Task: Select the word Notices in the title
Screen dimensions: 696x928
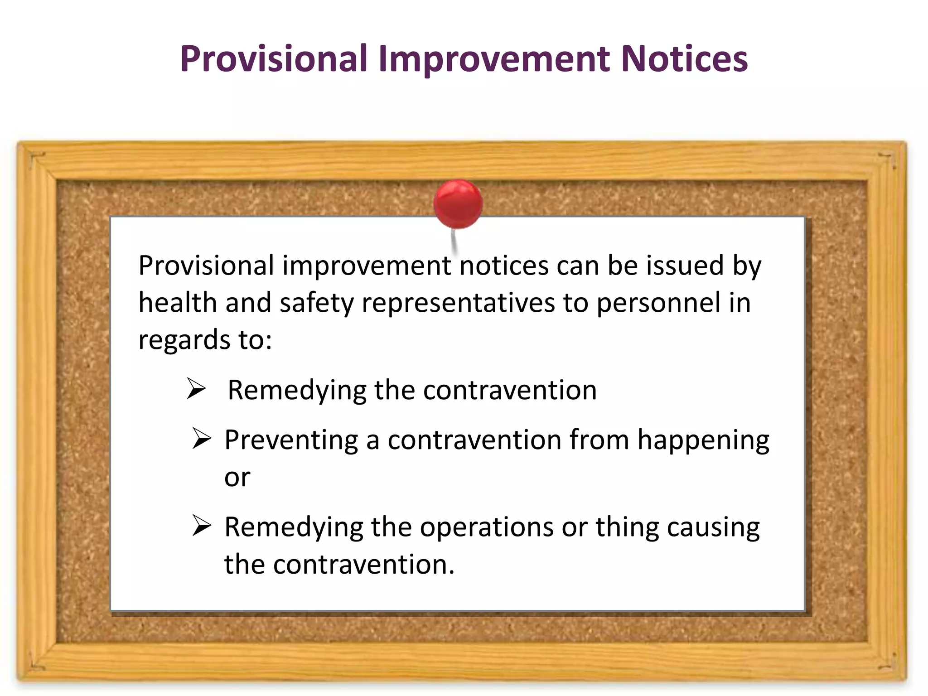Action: click(x=684, y=59)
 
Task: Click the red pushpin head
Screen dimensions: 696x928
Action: click(x=458, y=203)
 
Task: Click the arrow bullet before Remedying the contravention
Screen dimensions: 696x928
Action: click(x=197, y=389)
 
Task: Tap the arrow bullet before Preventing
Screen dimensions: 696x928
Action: click(x=201, y=438)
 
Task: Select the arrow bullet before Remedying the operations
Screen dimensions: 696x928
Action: click(x=201, y=526)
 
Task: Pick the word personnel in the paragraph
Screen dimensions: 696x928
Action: click(x=658, y=303)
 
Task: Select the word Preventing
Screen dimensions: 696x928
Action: click(x=291, y=440)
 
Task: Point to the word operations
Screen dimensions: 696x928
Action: click(x=487, y=527)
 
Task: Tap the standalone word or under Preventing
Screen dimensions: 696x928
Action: click(x=237, y=478)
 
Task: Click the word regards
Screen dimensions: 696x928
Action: click(x=177, y=341)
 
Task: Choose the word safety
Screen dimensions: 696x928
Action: click(x=316, y=303)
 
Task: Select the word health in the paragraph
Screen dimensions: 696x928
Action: click(x=177, y=303)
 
